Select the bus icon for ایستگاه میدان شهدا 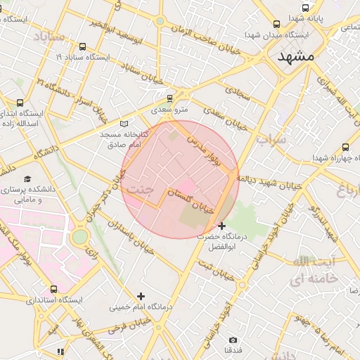pyautogui.click(x=276, y=24)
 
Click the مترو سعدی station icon pyautogui.click(x=169, y=98)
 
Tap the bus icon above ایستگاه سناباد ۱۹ pyautogui.click(x=83, y=46)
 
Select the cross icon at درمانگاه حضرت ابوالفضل pyautogui.click(x=222, y=226)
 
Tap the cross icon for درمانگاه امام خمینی pyautogui.click(x=141, y=296)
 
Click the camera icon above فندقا pyautogui.click(x=233, y=340)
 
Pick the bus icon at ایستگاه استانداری pyautogui.click(x=54, y=289)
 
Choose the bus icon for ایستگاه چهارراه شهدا pyautogui.click(x=345, y=147)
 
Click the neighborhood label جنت pyautogui.click(x=141, y=189)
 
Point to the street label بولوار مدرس pyautogui.click(x=204, y=148)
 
